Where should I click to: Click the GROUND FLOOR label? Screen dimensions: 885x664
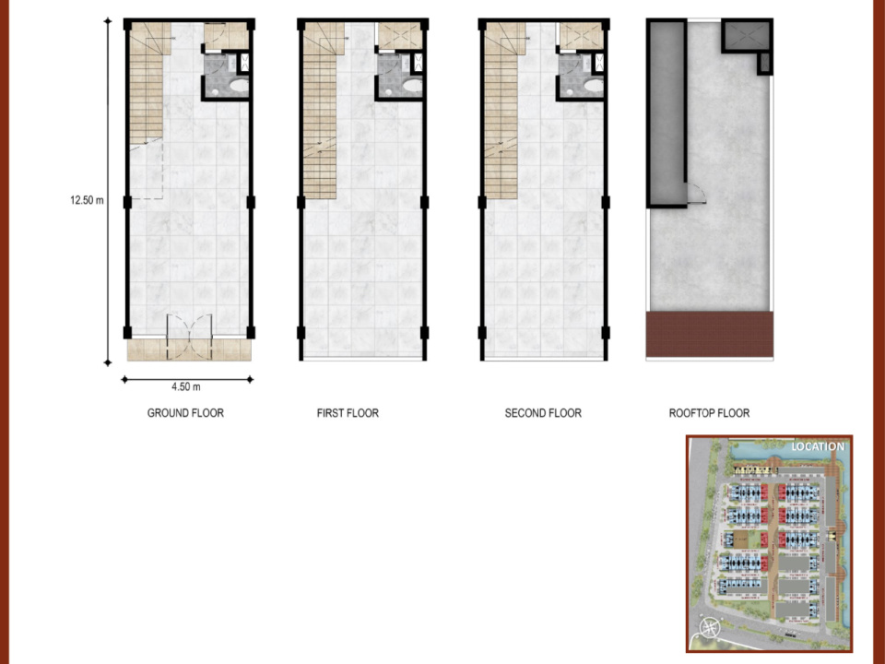[x=185, y=413]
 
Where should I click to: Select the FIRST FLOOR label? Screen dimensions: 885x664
[x=348, y=413]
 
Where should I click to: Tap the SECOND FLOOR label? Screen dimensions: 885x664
[x=543, y=413]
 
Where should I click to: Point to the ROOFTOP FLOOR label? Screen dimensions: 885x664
[x=710, y=413]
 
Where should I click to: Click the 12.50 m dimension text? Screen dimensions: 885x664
[x=87, y=200]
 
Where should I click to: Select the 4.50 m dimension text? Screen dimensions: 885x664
[x=185, y=386]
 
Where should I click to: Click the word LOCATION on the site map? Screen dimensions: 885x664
[x=818, y=446]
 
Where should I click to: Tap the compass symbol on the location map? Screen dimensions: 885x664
[x=710, y=628]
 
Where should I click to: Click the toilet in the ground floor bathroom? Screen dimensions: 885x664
[x=240, y=86]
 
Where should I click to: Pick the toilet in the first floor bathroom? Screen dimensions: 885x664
[x=413, y=86]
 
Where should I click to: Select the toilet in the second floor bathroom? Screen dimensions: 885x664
[x=594, y=86]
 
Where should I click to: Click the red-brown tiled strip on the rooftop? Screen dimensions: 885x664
[x=710, y=334]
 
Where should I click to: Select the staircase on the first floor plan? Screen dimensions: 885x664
[x=321, y=111]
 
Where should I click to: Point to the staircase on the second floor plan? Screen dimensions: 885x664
[x=501, y=111]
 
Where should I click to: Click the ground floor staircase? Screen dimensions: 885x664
[x=147, y=85]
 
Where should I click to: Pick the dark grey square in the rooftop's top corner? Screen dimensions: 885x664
[x=747, y=36]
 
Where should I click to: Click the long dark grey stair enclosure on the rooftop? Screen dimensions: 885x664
[x=667, y=113]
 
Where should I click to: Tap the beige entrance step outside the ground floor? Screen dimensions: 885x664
[x=189, y=350]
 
